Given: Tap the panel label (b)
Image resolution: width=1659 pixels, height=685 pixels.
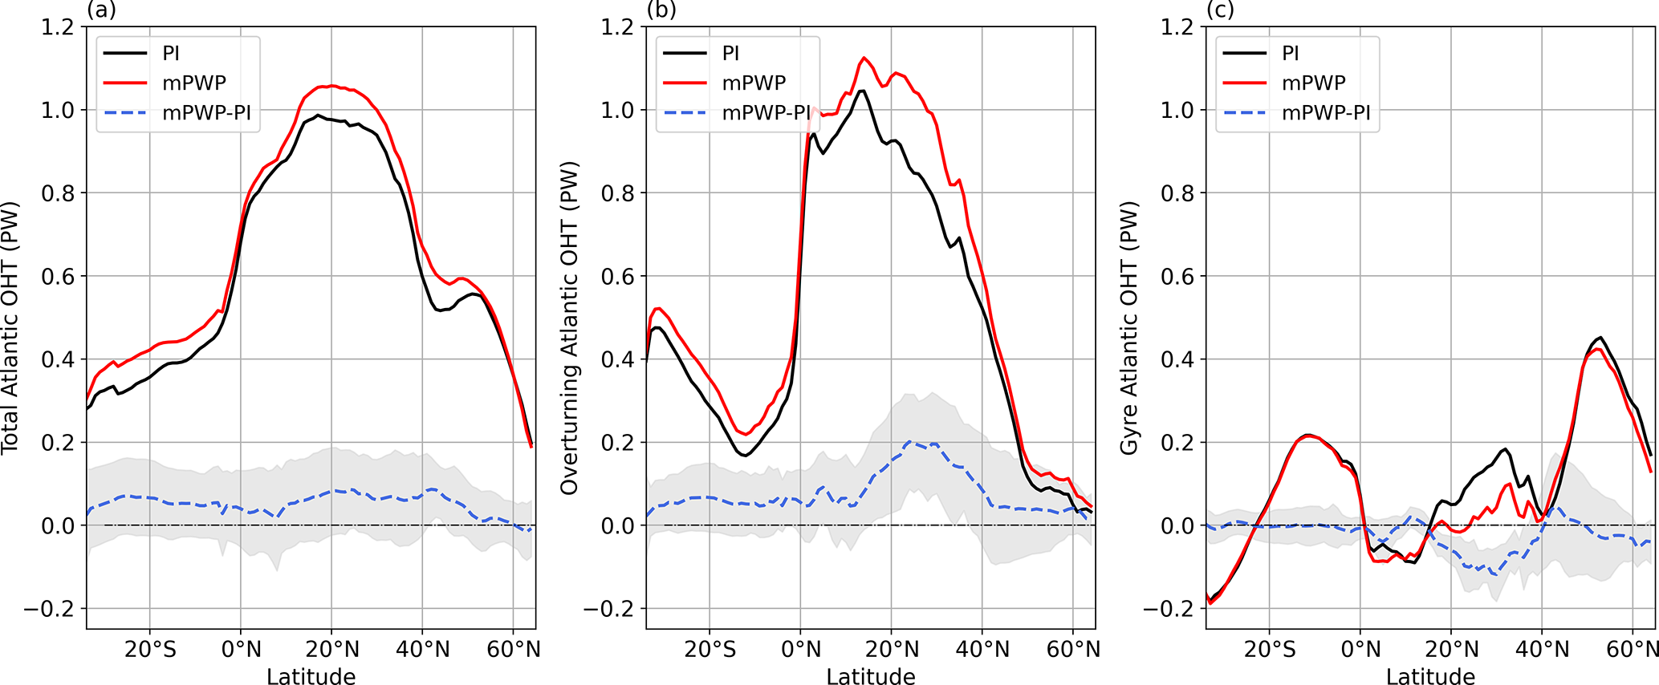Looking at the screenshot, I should (x=661, y=10).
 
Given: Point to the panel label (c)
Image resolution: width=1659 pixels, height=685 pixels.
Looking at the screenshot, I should (x=1219, y=10).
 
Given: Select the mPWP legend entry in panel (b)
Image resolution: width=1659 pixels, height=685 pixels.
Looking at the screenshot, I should (x=754, y=83).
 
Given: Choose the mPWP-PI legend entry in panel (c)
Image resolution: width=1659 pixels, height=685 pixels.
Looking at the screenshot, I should (x=1326, y=113).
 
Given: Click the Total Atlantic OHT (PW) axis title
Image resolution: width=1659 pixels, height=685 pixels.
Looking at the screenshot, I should (x=10, y=327).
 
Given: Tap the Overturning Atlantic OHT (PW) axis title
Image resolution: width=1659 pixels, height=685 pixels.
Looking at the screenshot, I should (x=569, y=327).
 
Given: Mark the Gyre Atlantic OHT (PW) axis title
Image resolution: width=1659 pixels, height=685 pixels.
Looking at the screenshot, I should (x=1129, y=327).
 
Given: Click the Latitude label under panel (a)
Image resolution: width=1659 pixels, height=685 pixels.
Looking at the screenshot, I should (x=311, y=676).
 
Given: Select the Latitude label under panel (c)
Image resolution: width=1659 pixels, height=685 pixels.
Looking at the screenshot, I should (x=1430, y=676).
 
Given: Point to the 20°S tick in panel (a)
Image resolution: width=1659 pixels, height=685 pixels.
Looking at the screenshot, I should (x=150, y=648).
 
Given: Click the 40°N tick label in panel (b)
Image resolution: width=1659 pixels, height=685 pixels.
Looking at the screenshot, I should (x=983, y=648).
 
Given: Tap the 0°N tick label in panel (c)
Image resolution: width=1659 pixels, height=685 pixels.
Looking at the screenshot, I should (x=1360, y=648).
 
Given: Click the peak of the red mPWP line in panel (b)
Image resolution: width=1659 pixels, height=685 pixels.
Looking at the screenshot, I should (x=864, y=58).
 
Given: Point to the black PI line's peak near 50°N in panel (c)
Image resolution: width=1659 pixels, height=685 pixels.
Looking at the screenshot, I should (x=1600, y=338).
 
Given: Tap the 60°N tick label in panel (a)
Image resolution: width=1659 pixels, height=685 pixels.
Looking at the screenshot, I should (x=514, y=648).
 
